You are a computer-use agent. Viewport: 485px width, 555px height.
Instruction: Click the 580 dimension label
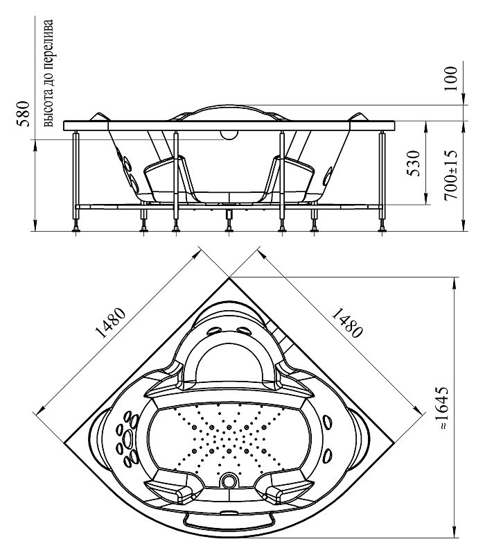24,113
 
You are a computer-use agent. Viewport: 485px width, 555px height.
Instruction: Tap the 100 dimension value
451,78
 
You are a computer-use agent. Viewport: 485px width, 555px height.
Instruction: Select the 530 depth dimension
413,163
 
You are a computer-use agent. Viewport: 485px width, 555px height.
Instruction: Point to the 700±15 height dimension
451,175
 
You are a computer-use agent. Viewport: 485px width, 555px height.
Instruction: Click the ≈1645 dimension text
444,408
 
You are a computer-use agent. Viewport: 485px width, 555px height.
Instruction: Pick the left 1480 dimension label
111,323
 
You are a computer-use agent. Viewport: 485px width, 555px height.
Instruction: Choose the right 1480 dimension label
347,323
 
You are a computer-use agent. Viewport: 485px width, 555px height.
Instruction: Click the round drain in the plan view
229,481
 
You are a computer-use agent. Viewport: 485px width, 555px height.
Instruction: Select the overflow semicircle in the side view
229,134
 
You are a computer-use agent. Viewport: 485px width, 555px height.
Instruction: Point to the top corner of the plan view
229,278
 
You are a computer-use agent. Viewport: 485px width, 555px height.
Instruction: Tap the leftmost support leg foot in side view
76,230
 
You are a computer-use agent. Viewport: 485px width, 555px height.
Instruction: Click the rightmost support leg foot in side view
382,230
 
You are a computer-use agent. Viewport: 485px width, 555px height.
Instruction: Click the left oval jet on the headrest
213,332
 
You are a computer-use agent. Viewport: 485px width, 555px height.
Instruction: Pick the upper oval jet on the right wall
328,422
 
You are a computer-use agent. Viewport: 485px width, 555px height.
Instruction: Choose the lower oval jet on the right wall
328,456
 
